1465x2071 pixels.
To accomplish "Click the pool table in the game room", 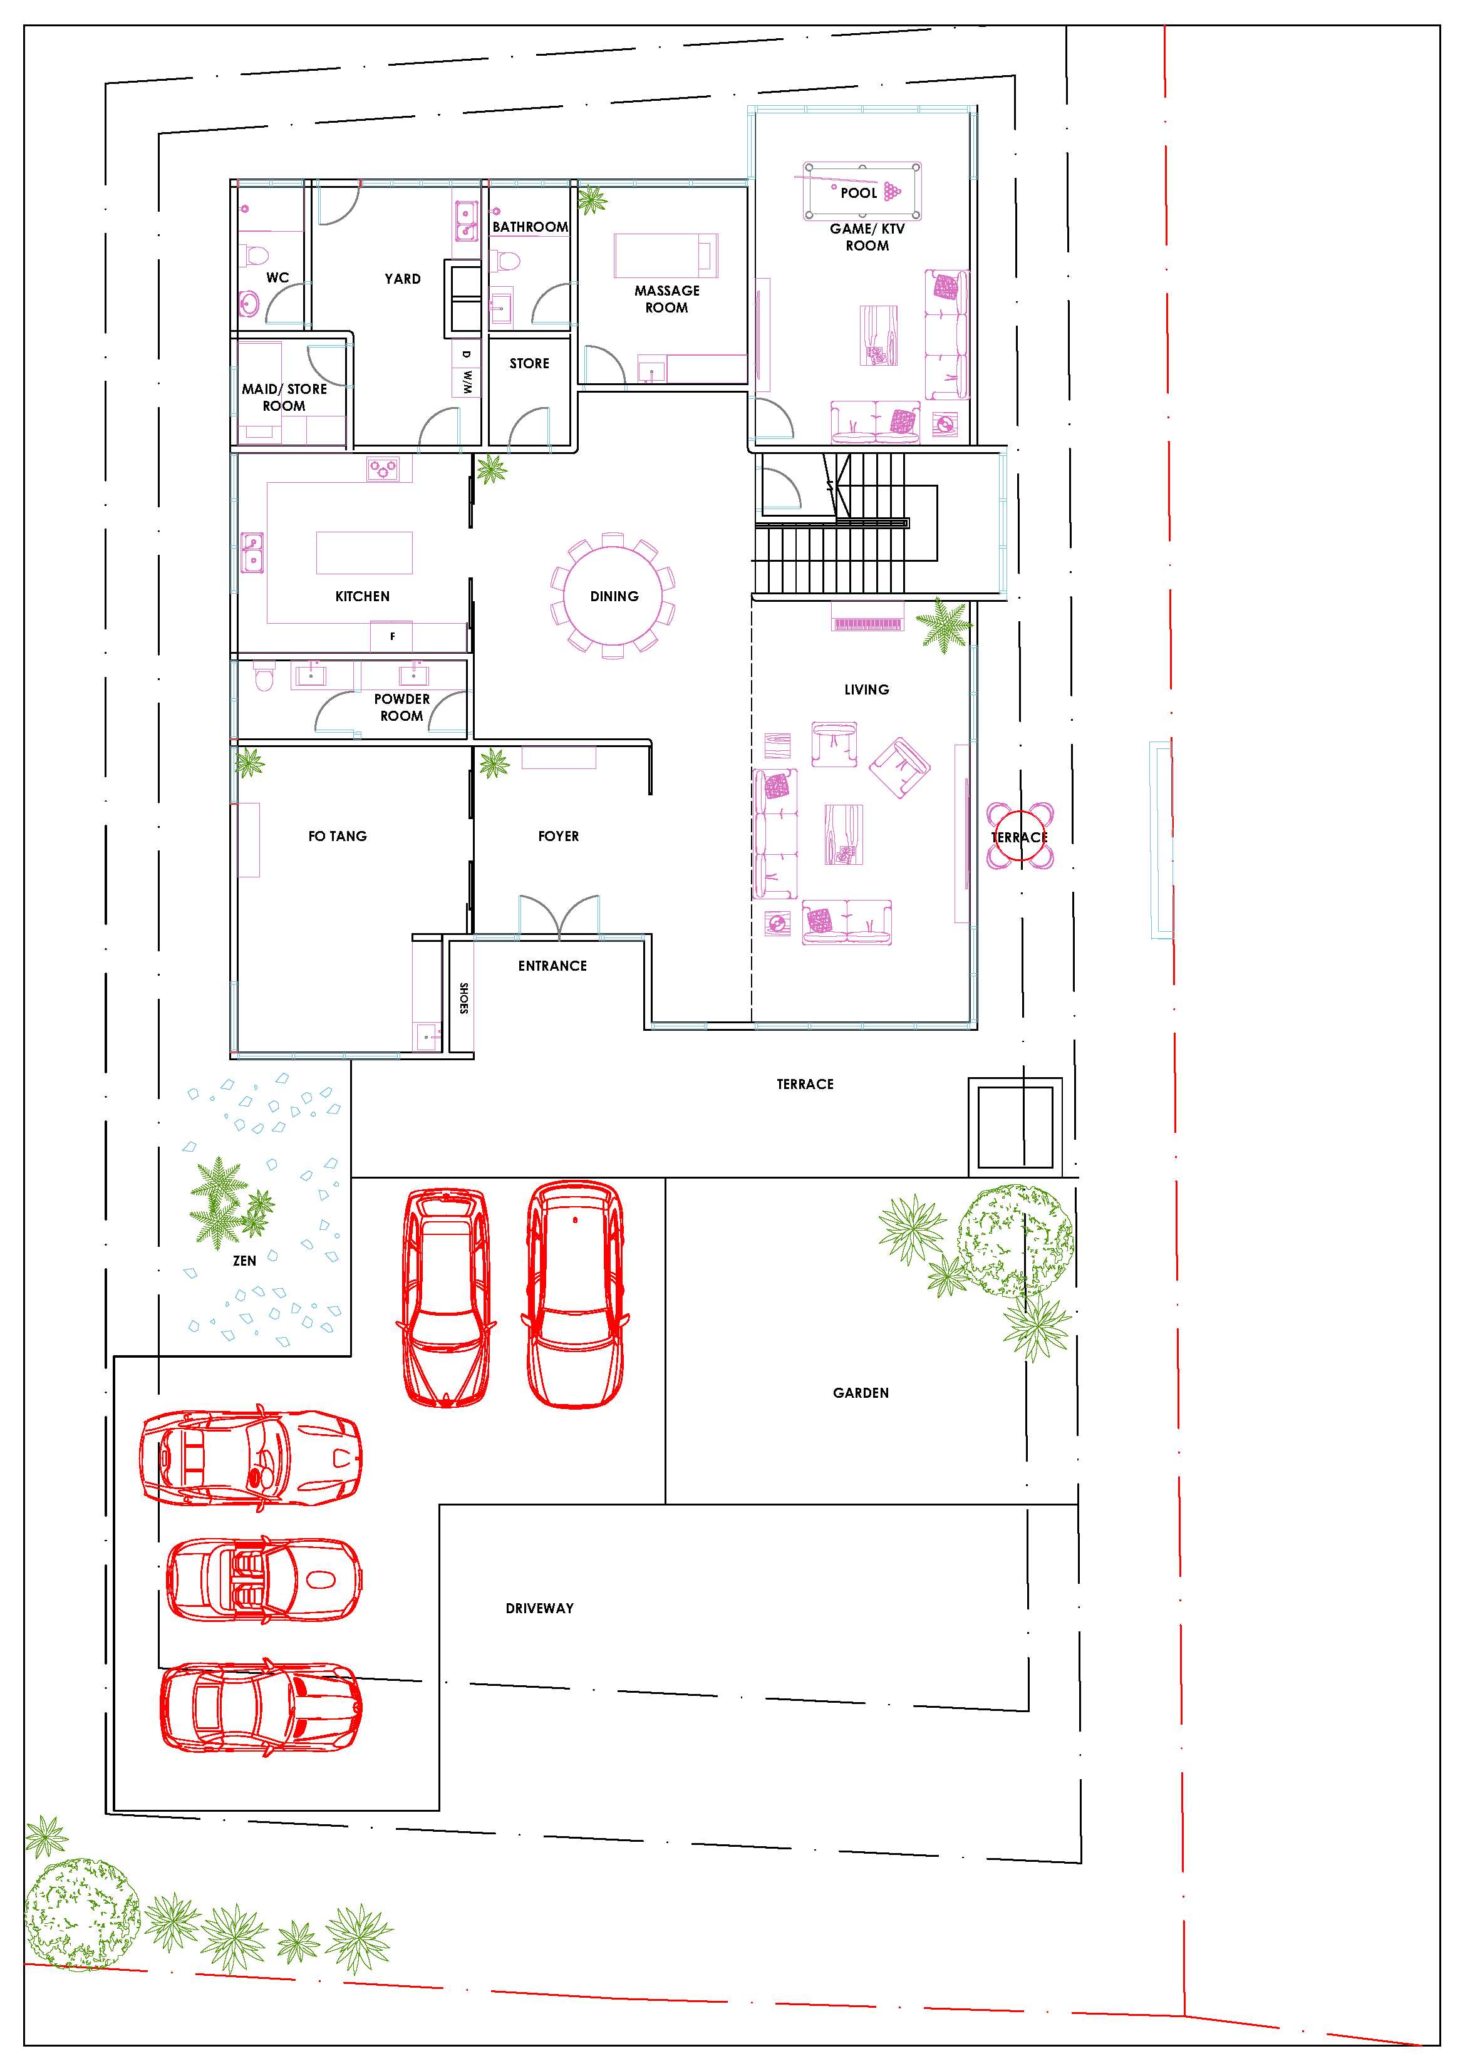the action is pyautogui.click(x=862, y=190).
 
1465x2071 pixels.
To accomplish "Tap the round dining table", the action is pyautogui.click(x=613, y=596).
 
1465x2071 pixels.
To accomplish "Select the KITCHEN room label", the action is pyautogui.click(x=363, y=596).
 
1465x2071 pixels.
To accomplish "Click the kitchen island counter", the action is pyautogui.click(x=365, y=553).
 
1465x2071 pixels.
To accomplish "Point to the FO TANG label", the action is pyautogui.click(x=338, y=836).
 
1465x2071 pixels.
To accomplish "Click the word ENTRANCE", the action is pyautogui.click(x=552, y=966).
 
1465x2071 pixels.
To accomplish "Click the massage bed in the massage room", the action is pyautogui.click(x=666, y=256).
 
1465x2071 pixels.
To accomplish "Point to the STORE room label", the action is pyautogui.click(x=529, y=363).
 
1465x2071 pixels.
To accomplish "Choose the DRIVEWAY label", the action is pyautogui.click(x=539, y=1608).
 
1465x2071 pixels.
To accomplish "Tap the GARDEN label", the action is pyautogui.click(x=861, y=1393).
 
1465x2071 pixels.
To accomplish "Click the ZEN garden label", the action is pyautogui.click(x=244, y=1261).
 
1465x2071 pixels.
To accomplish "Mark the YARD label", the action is pyautogui.click(x=402, y=279).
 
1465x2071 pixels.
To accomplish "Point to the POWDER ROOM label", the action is pyautogui.click(x=401, y=707).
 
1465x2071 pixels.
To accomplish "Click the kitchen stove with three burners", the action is pyautogui.click(x=383, y=469).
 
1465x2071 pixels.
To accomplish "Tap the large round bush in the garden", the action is pyautogui.click(x=1015, y=1242).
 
